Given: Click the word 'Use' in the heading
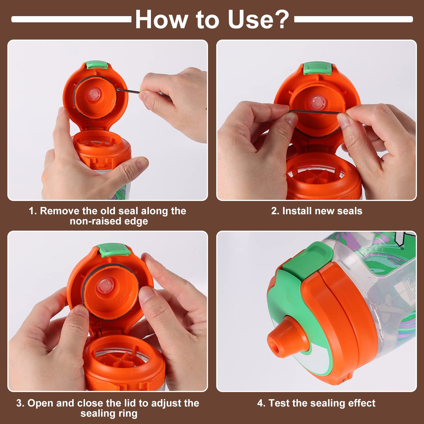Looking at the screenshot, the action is pos(250,19).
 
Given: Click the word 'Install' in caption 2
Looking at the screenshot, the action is pos(297,211).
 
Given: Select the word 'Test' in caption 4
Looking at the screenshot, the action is pos(280,403).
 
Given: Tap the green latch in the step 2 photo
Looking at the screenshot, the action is pos(317,68).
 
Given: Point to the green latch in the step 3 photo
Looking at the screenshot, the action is pos(114,250).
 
